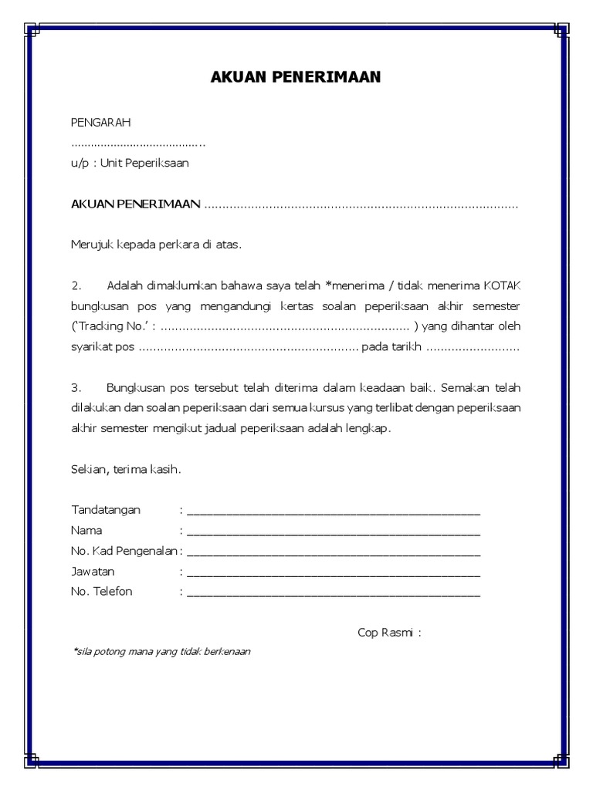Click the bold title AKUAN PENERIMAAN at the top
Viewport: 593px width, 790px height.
pyautogui.click(x=296, y=78)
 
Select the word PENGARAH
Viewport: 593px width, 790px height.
pyautogui.click(x=100, y=123)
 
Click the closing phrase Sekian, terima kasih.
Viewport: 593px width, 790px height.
pyautogui.click(x=126, y=468)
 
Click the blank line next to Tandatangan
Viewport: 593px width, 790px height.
pyautogui.click(x=333, y=511)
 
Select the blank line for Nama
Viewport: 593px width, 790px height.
pyautogui.click(x=333, y=532)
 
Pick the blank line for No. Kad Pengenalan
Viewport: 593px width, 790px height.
pyautogui.click(x=333, y=552)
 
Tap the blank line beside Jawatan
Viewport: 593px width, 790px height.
pyautogui.click(x=333, y=572)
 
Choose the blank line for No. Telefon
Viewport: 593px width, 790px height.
pyautogui.click(x=333, y=592)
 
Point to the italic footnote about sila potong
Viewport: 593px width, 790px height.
pyautogui.click(x=161, y=651)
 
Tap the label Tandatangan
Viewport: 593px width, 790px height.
pyautogui.click(x=106, y=511)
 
